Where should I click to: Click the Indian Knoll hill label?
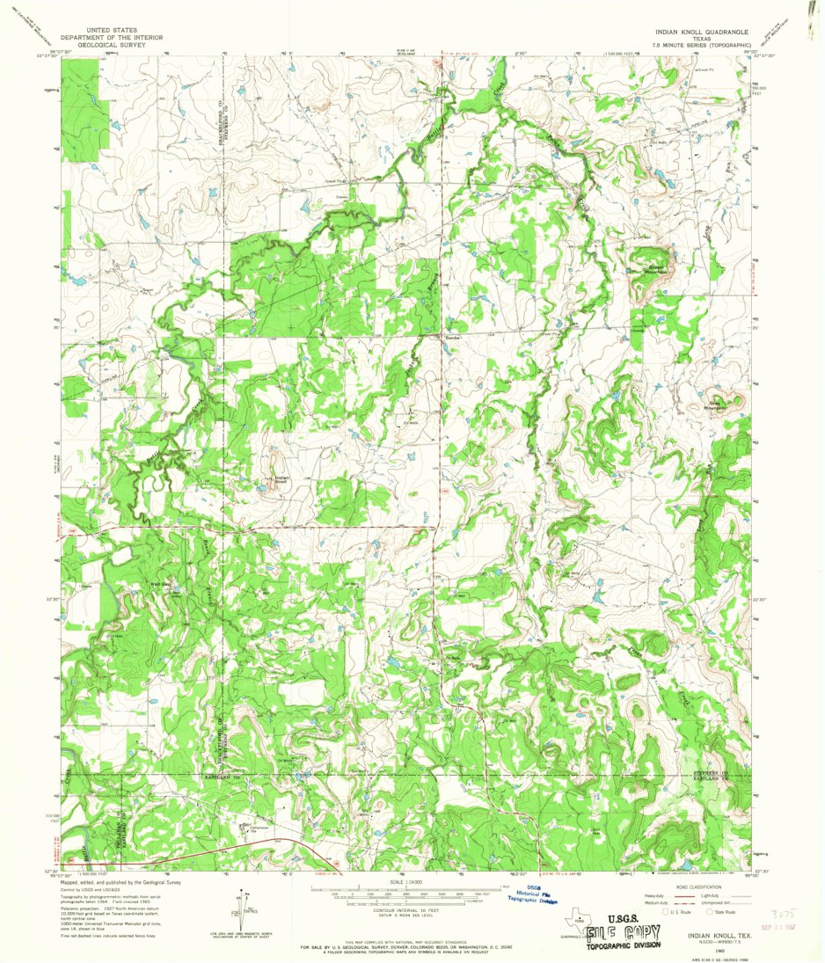pos(281,480)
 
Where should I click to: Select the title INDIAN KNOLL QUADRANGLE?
pos(701,30)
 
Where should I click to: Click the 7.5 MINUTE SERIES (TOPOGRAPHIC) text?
pos(701,44)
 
